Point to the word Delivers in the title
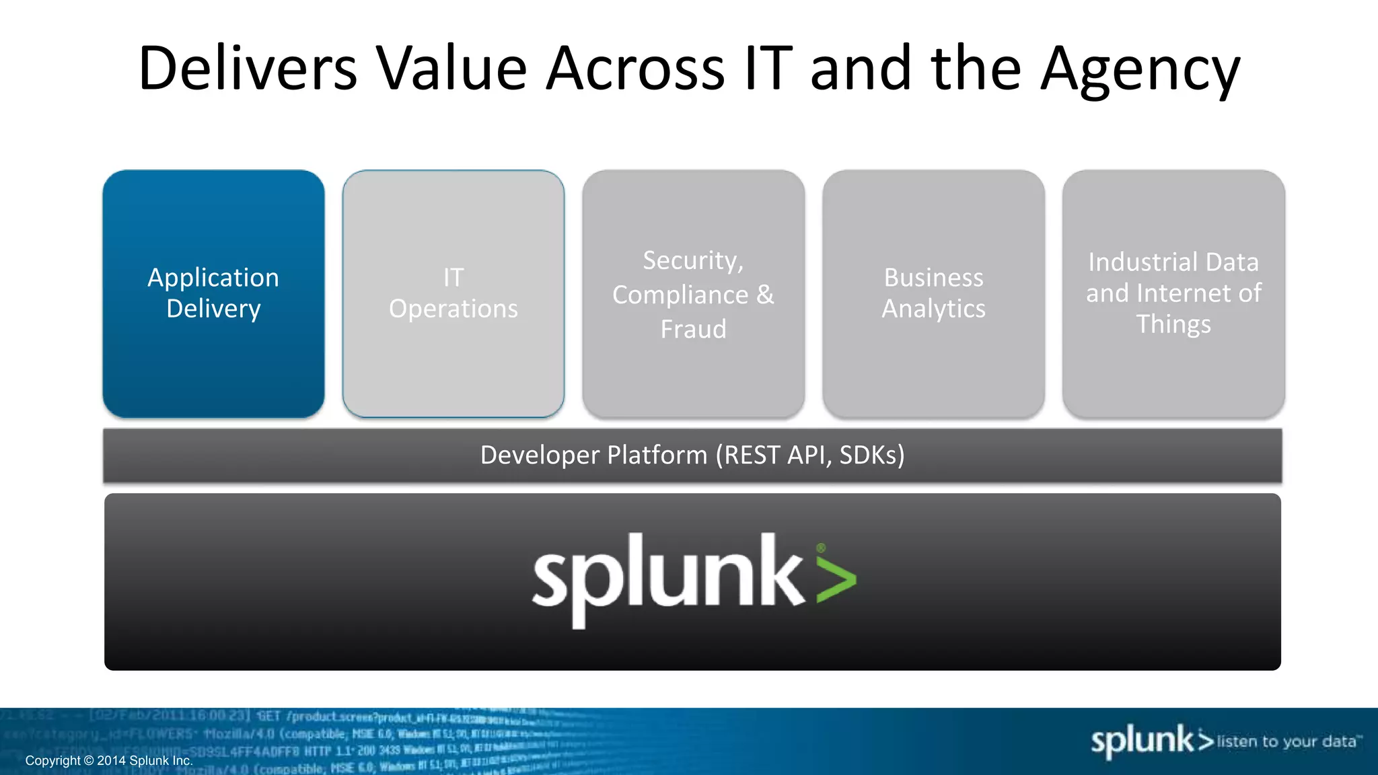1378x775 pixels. [x=248, y=69]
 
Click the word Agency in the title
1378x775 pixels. [x=1140, y=70]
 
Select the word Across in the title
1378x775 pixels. [x=636, y=69]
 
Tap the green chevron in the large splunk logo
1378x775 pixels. [x=836, y=577]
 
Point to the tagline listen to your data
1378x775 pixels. [x=1288, y=741]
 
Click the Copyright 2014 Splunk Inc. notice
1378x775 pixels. [x=109, y=761]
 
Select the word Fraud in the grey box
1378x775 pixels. [x=693, y=330]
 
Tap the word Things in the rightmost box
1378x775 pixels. [x=1173, y=324]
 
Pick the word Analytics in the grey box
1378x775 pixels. [x=933, y=309]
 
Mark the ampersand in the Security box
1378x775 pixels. [x=765, y=295]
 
